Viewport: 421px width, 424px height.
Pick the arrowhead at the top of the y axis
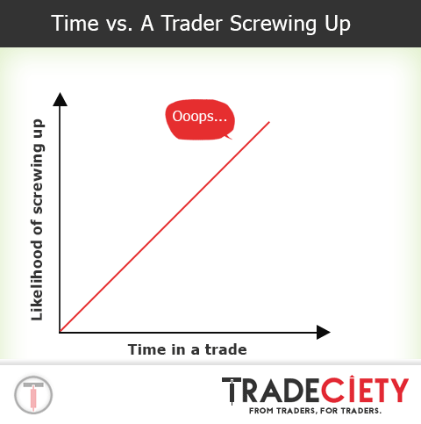pyautogui.click(x=60, y=98)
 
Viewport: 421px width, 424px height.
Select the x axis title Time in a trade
pyautogui.click(x=187, y=349)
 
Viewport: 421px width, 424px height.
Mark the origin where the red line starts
pyautogui.click(x=60, y=332)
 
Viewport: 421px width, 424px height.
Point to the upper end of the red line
pyautogui.click(x=269, y=121)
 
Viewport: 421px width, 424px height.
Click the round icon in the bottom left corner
pyautogui.click(x=34, y=393)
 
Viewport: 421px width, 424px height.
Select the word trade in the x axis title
pyautogui.click(x=226, y=349)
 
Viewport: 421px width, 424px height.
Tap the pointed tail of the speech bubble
pyautogui.click(x=227, y=135)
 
